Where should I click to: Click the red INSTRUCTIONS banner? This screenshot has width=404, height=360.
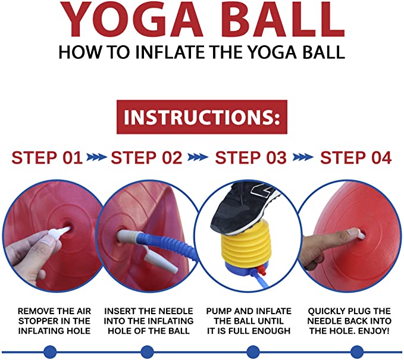point(202,117)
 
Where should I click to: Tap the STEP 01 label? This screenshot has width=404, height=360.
point(47,158)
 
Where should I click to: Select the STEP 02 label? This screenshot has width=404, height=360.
point(146,158)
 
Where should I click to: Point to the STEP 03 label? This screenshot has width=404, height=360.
point(250,158)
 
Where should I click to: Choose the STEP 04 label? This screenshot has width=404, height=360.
point(356,158)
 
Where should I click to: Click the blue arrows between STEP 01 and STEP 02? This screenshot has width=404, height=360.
point(96,157)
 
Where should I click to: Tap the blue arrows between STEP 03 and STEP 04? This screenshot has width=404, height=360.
point(303,157)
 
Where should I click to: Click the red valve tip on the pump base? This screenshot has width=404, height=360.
point(262,271)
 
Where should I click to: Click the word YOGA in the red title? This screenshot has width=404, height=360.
point(131,20)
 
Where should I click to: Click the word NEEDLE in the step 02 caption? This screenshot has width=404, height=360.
point(177,311)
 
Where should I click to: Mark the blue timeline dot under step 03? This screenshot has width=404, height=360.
point(253,352)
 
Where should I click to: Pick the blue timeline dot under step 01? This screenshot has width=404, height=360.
point(50,352)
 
